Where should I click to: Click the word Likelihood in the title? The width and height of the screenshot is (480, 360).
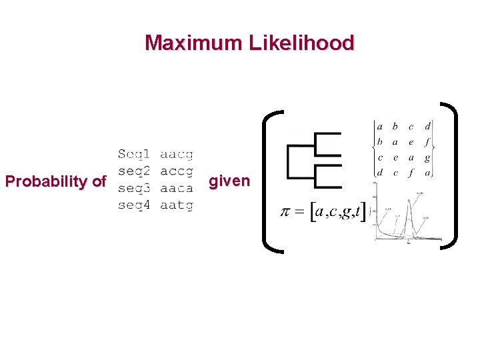pyautogui.click(x=301, y=43)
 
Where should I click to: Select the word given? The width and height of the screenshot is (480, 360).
pyautogui.click(x=229, y=181)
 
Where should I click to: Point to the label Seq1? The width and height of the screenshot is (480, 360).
pyautogui.click(x=133, y=155)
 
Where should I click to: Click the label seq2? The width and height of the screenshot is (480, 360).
pyautogui.click(x=133, y=171)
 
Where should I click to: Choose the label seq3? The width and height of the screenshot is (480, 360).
pyautogui.click(x=133, y=189)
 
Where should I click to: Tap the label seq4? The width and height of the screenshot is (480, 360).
pyautogui.click(x=133, y=205)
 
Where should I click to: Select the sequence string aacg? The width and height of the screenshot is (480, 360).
pyautogui.click(x=177, y=155)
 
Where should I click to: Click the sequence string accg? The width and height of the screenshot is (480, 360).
pyautogui.click(x=177, y=171)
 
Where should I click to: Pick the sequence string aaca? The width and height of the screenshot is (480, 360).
pyautogui.click(x=177, y=189)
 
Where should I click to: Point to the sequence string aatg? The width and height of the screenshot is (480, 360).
pyautogui.click(x=177, y=205)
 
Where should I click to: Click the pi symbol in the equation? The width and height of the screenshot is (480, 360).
pyautogui.click(x=286, y=213)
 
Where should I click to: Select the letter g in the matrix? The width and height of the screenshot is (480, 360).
pyautogui.click(x=427, y=158)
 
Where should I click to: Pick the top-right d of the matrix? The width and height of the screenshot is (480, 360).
pyautogui.click(x=427, y=126)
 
